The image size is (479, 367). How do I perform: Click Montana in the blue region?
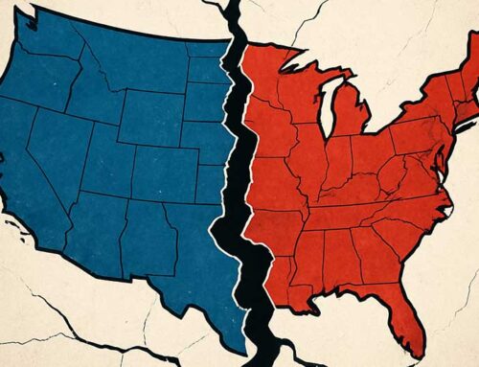(144, 62)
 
